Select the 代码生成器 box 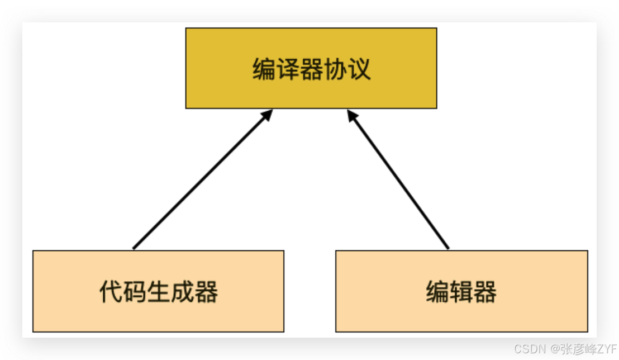pos(158,313)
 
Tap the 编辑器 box pos(461,313)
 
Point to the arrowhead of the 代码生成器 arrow pos(268,114)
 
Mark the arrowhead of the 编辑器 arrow pos(351,114)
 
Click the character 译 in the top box pos(288,69)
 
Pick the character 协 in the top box pos(335,69)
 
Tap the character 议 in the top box pos(359,69)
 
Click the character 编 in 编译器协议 pos(264,69)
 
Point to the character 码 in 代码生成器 pos(135,291)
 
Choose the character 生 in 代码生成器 pos(159,291)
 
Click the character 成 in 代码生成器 pos(183,291)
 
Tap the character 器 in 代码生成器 pos(206,291)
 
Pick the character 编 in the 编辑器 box pos(437,291)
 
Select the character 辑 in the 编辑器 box pos(461,291)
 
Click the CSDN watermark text pos(530,349)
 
